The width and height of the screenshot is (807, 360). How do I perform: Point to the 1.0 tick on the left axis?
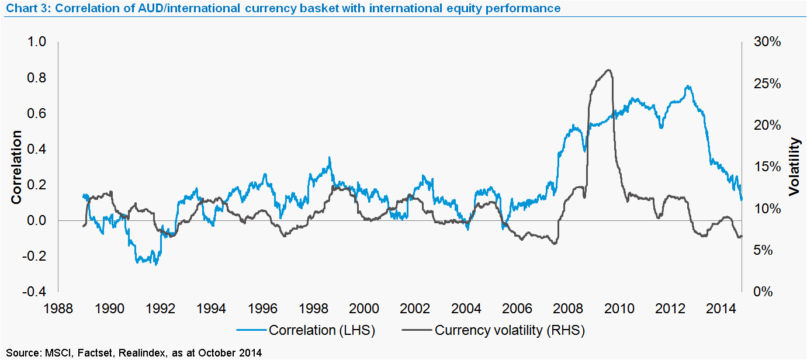click(37, 42)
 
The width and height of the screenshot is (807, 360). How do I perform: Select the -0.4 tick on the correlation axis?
click(34, 292)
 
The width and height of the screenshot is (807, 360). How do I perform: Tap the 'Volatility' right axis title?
click(794, 167)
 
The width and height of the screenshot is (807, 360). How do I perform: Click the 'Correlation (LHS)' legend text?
click(321, 330)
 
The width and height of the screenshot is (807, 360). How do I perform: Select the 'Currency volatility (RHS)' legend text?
click(510, 330)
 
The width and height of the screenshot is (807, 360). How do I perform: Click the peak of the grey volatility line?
click(609, 70)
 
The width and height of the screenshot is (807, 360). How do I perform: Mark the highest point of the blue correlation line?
click(689, 86)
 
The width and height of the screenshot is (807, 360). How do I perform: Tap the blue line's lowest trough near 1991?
click(156, 264)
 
